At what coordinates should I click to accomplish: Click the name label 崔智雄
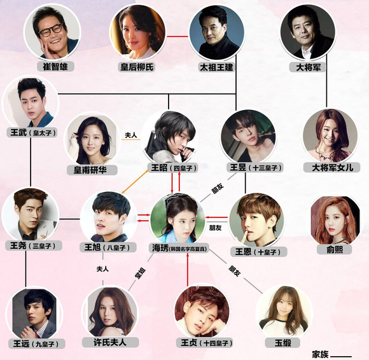pos(55,67)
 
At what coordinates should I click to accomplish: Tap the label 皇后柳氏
pos(137,67)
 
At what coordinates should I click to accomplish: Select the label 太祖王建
pos(216,67)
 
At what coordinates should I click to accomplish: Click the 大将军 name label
pos(308,67)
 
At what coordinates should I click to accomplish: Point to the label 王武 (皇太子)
pos(32,133)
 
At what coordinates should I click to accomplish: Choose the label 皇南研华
pos(92,170)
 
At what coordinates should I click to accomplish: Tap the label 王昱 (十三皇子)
pos(255,167)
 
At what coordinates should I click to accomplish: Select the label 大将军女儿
pos(332,167)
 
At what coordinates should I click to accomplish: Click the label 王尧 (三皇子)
pos(34,246)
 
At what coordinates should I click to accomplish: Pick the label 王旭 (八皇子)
pos(108,247)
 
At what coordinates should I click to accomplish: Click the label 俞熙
pos(335,249)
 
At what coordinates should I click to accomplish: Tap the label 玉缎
pos(282,343)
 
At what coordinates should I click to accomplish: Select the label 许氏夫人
pos(110,342)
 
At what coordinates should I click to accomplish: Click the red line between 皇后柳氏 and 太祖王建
pos(178,36)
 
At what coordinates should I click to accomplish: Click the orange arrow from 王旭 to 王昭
pos(135,182)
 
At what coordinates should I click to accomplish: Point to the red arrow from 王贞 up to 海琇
pos(188,269)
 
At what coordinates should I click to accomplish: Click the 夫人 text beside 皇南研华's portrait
pos(130,135)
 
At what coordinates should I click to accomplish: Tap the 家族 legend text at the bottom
pos(320,354)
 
